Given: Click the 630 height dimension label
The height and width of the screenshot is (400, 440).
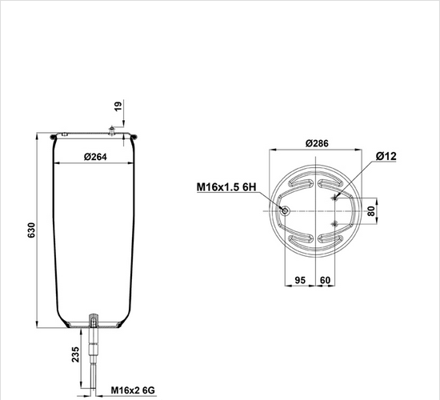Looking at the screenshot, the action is (x=31, y=230).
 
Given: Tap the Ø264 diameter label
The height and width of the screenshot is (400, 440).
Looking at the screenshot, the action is (x=95, y=157).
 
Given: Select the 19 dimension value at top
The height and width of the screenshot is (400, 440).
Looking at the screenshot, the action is (x=118, y=106).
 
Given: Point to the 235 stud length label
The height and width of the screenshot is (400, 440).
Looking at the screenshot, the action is (x=75, y=354).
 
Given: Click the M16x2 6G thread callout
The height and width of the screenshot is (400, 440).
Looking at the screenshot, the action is (x=133, y=390).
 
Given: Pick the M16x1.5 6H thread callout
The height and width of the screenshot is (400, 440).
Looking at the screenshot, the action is (x=226, y=187).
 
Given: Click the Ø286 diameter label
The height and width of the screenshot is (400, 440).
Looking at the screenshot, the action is (x=317, y=143).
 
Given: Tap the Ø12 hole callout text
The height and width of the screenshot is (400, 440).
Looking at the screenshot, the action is (x=386, y=156).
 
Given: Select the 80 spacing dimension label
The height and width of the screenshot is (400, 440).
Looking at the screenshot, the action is (x=371, y=211).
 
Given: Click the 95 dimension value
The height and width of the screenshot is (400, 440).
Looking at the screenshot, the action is (x=300, y=280).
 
